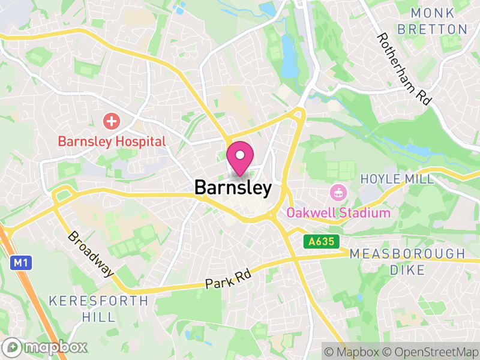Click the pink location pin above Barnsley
tap(240, 157)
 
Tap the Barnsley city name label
tap(233, 188)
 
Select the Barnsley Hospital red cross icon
tap(111, 121)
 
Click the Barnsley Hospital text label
tap(112, 142)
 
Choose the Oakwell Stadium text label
tap(338, 213)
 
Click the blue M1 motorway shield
tap(20, 262)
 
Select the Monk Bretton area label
tap(439, 21)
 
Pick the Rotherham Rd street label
tap(404, 69)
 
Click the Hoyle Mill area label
tap(397, 179)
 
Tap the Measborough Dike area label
tap(407, 262)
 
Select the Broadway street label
tap(91, 254)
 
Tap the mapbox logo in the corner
tap(46, 347)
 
